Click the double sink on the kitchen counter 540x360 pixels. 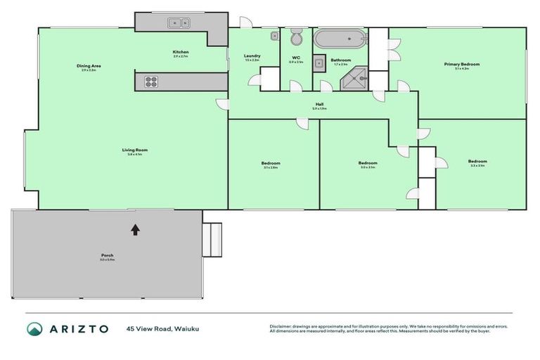[179, 23]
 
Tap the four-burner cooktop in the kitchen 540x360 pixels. [151, 82]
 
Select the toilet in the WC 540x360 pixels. [296, 36]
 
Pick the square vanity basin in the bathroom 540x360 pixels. [319, 63]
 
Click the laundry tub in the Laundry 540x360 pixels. [274, 35]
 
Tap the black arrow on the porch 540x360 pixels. [135, 229]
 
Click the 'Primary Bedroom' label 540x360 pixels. [461, 64]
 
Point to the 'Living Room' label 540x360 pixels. [135, 150]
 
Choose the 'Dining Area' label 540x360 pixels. [89, 66]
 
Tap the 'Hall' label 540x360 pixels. [319, 104]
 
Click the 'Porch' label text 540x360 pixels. [107, 255]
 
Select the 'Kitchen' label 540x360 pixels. [181, 52]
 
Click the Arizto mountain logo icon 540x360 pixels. [34, 328]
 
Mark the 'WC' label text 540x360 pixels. [296, 57]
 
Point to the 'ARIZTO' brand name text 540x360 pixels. [78, 328]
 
